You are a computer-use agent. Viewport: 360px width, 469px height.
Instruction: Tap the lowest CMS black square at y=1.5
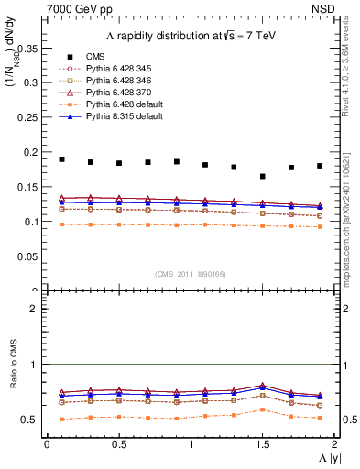pos(263,176)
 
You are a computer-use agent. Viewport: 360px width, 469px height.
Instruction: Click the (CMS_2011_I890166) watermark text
pos(191,274)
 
